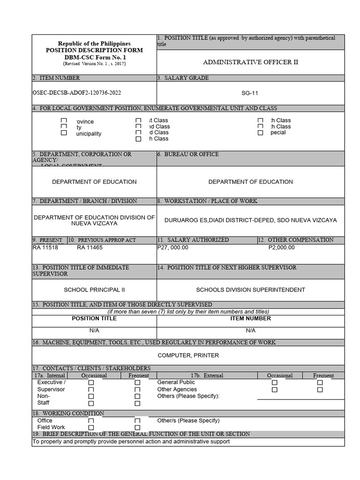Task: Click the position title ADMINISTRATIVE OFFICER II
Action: point(250,62)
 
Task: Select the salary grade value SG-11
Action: point(250,93)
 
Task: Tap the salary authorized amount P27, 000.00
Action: point(173,247)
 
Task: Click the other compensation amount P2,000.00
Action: point(282,247)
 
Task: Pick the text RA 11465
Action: point(90,247)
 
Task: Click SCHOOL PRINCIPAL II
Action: point(94,290)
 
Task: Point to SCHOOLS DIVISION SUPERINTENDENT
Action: point(250,290)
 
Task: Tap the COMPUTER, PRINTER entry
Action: point(188,355)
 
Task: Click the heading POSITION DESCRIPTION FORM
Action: point(94,50)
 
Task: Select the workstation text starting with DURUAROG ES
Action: point(250,220)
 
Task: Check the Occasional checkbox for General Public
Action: point(275,383)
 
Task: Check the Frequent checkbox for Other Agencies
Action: point(320,390)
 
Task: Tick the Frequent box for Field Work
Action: point(137,427)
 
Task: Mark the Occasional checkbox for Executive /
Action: point(91,383)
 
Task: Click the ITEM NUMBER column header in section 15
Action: point(250,318)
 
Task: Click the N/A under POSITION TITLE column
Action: point(94,330)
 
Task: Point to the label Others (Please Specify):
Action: point(188,396)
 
